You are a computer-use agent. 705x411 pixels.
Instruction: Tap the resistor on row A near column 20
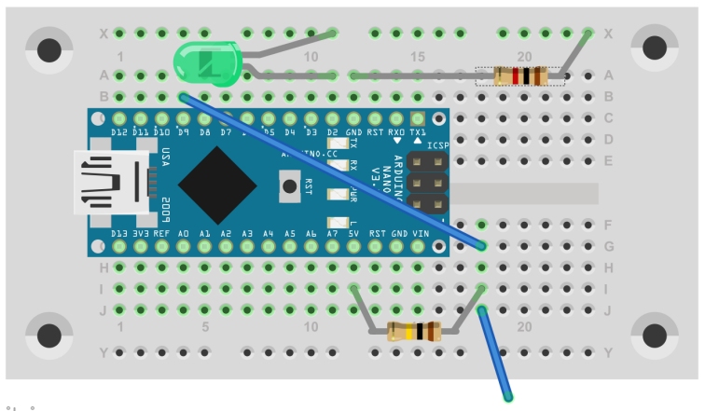pyautogui.click(x=519, y=75)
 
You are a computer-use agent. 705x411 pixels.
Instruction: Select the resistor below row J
pyautogui.click(x=412, y=330)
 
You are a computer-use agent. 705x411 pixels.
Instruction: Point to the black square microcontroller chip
pyautogui.click(x=217, y=183)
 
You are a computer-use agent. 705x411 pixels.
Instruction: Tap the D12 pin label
pyautogui.click(x=119, y=133)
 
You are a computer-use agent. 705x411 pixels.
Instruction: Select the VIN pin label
pyautogui.click(x=419, y=233)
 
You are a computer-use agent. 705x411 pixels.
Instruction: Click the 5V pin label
pyautogui.click(x=354, y=233)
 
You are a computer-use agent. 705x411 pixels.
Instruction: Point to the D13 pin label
pyautogui.click(x=119, y=233)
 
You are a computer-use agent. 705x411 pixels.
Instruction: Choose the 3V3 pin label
pyautogui.click(x=141, y=233)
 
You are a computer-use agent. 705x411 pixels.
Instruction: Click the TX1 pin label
pyautogui.click(x=419, y=133)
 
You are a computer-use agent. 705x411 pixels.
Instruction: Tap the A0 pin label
pyautogui.click(x=184, y=233)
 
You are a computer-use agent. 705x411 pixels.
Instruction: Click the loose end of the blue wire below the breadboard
pyautogui.click(x=509, y=398)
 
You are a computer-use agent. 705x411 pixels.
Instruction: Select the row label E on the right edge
pyautogui.click(x=609, y=160)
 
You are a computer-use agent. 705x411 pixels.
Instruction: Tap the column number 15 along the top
pyautogui.click(x=418, y=57)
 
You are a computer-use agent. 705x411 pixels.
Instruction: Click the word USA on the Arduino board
pyautogui.click(x=165, y=156)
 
